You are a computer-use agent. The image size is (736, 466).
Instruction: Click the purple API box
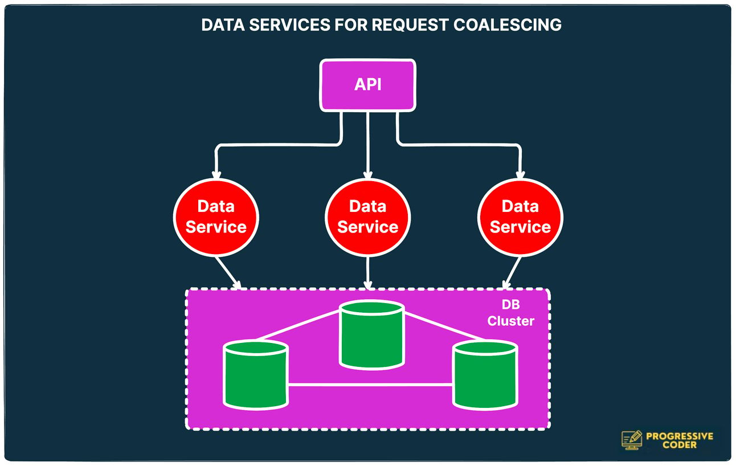click(367, 85)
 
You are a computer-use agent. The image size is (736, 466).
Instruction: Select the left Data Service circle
click(216, 216)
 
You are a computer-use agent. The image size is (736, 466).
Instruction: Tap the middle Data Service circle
click(367, 216)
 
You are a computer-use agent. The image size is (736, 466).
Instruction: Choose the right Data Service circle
click(520, 216)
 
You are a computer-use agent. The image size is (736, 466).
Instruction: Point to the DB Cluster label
click(510, 313)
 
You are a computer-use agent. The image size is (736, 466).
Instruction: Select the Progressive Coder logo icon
click(632, 440)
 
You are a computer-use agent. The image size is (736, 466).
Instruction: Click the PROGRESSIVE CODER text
click(679, 440)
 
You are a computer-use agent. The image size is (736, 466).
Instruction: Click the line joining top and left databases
click(297, 325)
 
